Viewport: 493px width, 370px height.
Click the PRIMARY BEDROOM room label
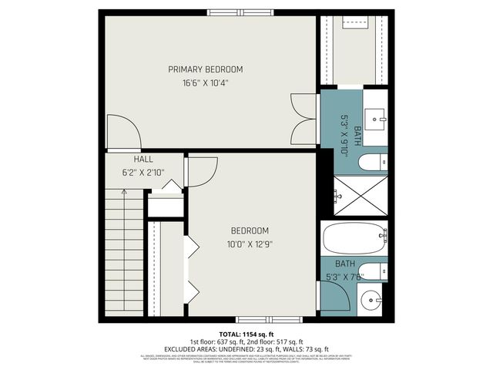point(205,69)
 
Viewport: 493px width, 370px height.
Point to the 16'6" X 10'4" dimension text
point(205,82)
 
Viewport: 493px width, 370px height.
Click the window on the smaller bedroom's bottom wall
point(259,319)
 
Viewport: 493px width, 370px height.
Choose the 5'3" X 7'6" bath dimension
point(344,277)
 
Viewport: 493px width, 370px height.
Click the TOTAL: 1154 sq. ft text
point(246,334)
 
